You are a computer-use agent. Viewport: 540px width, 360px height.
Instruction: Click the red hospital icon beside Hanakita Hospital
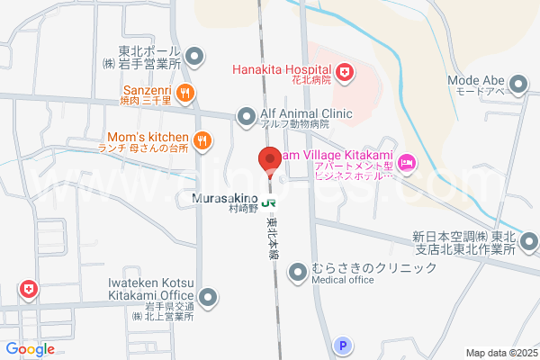(344, 69)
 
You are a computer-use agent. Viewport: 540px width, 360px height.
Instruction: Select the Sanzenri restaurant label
(148, 90)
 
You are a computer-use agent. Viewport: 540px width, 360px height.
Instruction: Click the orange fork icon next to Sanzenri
(184, 91)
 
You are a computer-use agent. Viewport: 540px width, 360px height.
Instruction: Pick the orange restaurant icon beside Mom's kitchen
(202, 139)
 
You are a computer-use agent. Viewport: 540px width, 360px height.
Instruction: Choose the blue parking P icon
(341, 345)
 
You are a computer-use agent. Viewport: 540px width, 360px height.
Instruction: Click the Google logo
(30, 348)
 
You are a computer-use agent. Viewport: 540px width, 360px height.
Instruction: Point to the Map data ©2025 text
(500, 353)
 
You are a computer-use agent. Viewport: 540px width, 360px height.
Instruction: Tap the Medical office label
(343, 279)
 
